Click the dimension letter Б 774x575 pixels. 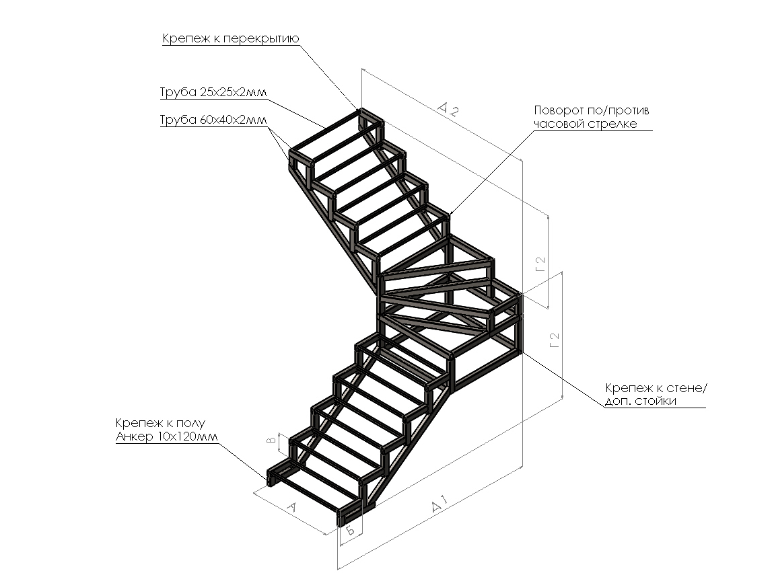351,530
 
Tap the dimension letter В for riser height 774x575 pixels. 271,441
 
